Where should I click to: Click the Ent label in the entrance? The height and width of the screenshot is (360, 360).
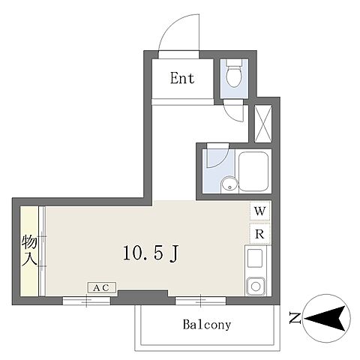tap(182, 78)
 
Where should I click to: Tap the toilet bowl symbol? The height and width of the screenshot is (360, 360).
tap(234, 73)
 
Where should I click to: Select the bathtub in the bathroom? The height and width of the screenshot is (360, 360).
tap(253, 172)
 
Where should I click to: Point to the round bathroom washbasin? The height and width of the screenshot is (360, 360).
tap(229, 184)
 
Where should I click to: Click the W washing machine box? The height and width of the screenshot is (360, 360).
tap(260, 211)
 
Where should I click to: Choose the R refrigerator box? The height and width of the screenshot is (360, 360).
tap(260, 234)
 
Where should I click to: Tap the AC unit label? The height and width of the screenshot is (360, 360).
tap(102, 287)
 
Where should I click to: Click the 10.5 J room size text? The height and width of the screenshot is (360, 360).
tap(151, 253)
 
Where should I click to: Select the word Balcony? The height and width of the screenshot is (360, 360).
tap(207, 325)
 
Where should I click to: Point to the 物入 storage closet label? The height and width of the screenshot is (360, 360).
tap(29, 250)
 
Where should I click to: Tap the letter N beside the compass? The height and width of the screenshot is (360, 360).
tap(295, 318)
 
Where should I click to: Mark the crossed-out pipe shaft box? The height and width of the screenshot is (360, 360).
tap(263, 124)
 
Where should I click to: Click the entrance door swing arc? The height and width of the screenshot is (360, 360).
tap(167, 25)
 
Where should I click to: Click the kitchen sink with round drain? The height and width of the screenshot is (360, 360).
tap(256, 286)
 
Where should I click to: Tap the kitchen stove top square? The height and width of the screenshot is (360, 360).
tap(255, 258)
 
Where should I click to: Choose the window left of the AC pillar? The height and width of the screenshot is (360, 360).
tap(86, 301)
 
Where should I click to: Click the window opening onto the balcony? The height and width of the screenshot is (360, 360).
tap(200, 301)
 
